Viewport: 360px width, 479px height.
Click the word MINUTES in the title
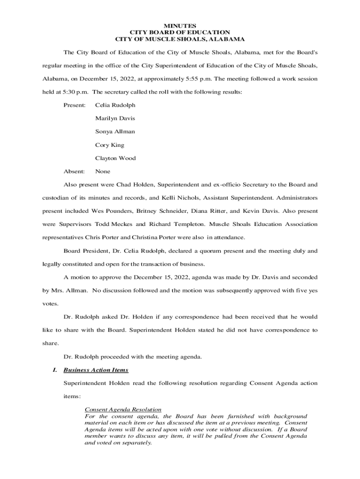[x=180, y=25]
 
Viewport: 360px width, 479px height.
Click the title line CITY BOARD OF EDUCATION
[x=180, y=32]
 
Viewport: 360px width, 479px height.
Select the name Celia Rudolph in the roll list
[x=115, y=105]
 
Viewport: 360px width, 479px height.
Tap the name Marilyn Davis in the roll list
[x=115, y=118]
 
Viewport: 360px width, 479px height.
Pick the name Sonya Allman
[x=115, y=131]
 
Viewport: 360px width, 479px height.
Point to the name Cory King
[x=109, y=145]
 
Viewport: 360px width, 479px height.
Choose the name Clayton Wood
[x=115, y=158]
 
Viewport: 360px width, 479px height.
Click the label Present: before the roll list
[x=74, y=105]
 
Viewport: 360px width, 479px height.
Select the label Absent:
[x=74, y=171]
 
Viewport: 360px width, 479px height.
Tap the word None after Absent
[x=103, y=171]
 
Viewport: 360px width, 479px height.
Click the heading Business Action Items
[x=96, y=370]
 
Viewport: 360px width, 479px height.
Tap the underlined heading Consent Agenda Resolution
[x=123, y=409]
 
